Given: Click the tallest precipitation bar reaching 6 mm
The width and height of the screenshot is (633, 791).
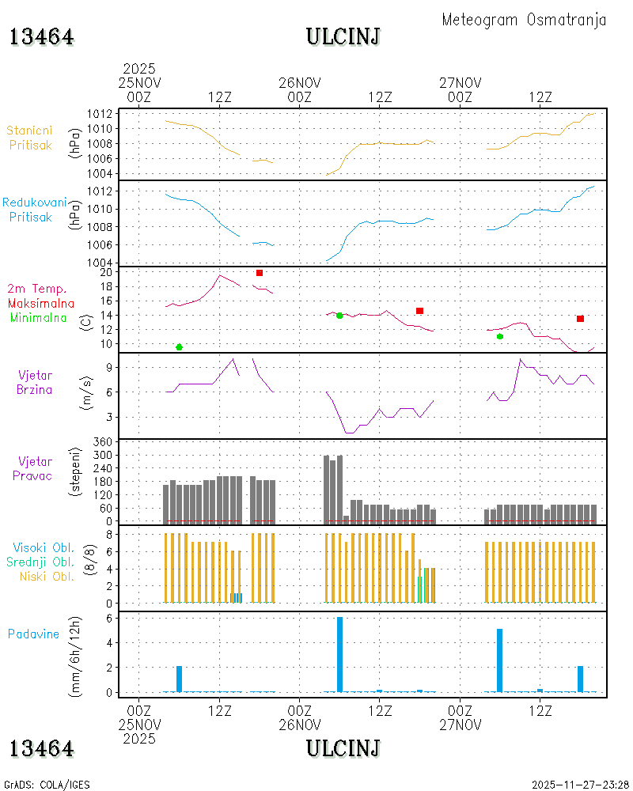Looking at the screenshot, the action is [x=339, y=654].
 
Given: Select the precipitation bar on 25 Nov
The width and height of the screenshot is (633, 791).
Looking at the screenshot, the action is [x=179, y=679].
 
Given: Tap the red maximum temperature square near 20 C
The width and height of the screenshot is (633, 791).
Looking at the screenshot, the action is [x=260, y=273].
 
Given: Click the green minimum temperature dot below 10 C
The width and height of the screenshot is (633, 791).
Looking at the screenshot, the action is [x=179, y=347].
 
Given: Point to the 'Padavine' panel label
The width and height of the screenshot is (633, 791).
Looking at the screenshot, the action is [x=33, y=634].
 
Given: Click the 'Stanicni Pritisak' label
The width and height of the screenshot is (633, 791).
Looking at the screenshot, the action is [x=30, y=138].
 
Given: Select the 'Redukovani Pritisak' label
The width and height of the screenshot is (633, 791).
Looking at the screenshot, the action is [x=34, y=210].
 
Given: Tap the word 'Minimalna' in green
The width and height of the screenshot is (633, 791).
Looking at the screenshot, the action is [x=38, y=318].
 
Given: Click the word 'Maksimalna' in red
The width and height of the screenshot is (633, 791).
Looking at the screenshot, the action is [x=41, y=304].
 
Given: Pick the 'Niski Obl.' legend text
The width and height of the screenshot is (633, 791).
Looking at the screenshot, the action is [x=47, y=577].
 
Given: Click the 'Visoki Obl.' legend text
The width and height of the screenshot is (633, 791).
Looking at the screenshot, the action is [x=44, y=548].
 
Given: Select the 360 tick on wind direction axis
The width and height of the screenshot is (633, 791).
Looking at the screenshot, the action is [x=103, y=442].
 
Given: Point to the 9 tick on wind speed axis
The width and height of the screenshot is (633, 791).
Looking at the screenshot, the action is [x=109, y=368].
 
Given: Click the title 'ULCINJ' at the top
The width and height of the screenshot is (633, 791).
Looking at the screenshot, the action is [x=343, y=37].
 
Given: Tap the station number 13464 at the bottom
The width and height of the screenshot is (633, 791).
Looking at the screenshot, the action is [x=41, y=748].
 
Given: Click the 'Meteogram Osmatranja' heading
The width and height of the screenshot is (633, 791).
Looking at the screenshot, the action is [x=524, y=21].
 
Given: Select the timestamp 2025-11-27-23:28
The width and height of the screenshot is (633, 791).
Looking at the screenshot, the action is [x=580, y=785].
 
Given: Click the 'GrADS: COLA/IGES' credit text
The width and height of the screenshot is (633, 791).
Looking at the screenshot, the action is [x=47, y=785].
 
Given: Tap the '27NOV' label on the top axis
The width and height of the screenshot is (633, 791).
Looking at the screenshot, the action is [x=461, y=83].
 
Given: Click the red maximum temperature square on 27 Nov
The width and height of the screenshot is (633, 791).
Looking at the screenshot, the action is [x=581, y=319].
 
